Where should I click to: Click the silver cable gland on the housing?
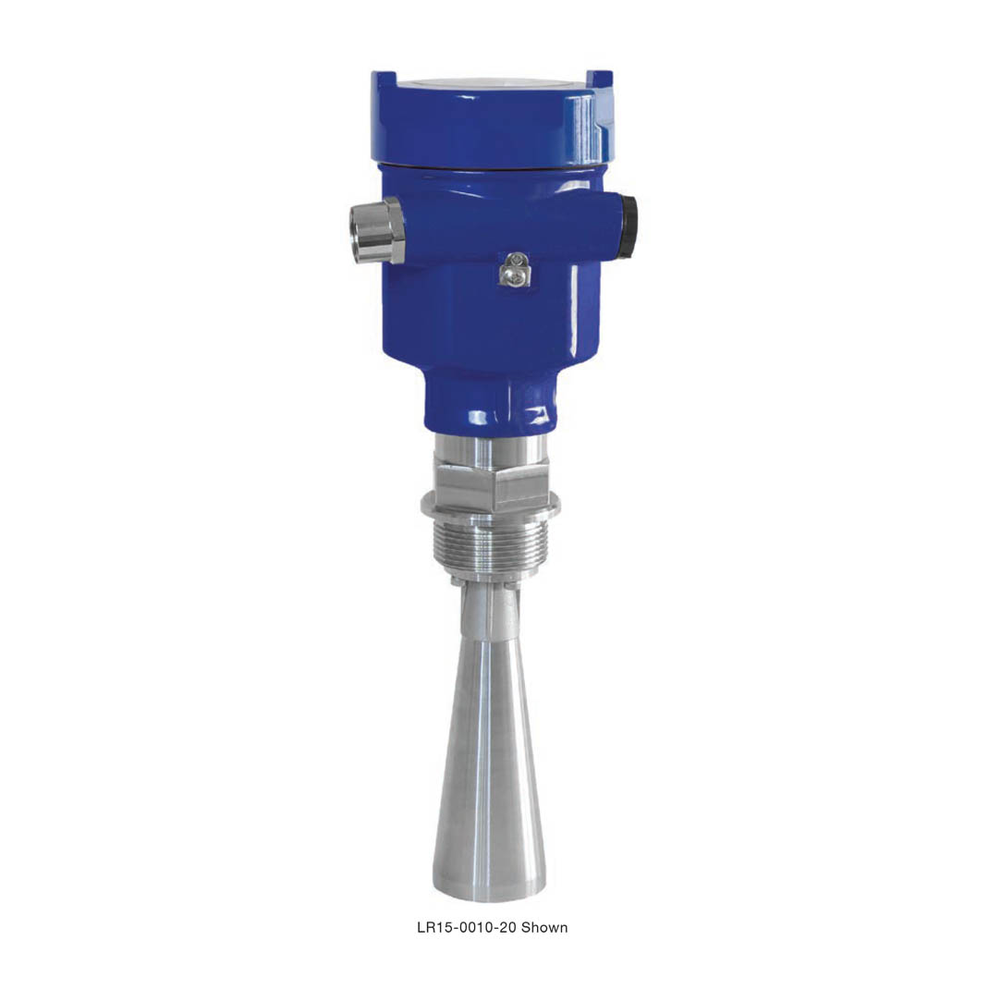(376, 229)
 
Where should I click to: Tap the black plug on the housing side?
(628, 226)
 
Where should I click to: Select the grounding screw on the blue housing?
(515, 269)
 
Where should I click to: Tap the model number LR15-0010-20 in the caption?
(467, 927)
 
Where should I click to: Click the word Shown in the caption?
(544, 927)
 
